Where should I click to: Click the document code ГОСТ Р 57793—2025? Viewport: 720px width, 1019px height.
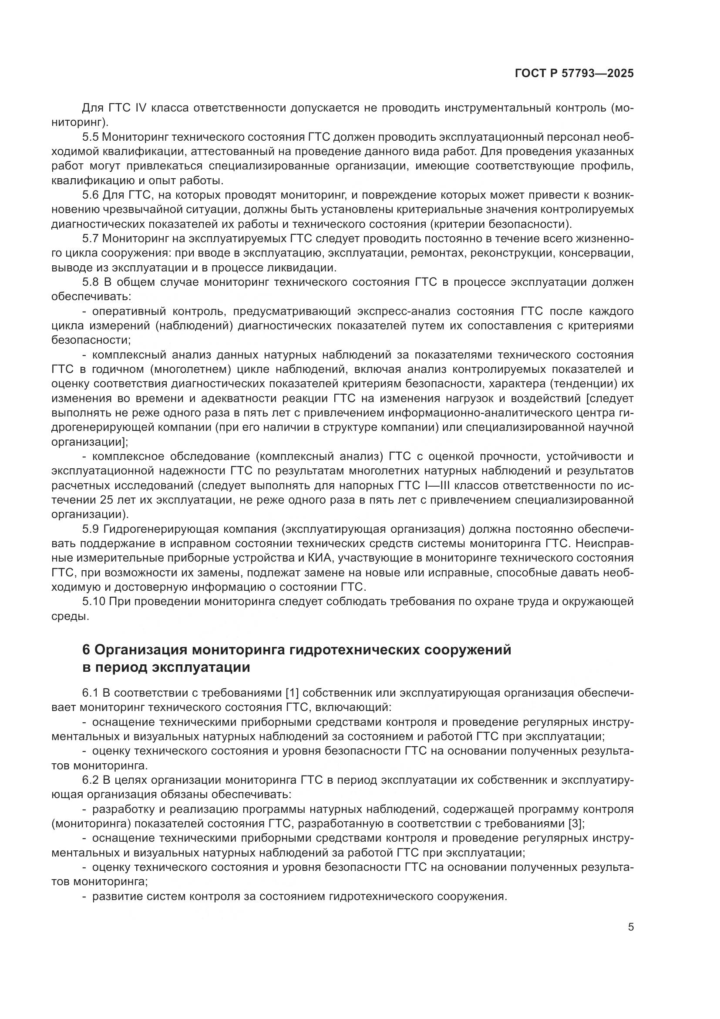pos(574,73)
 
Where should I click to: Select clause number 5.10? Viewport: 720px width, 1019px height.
pos(93,601)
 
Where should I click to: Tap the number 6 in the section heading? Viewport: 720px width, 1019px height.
pos(87,650)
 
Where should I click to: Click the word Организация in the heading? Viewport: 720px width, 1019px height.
pos(141,650)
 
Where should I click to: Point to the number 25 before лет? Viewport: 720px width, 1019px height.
pos(107,500)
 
